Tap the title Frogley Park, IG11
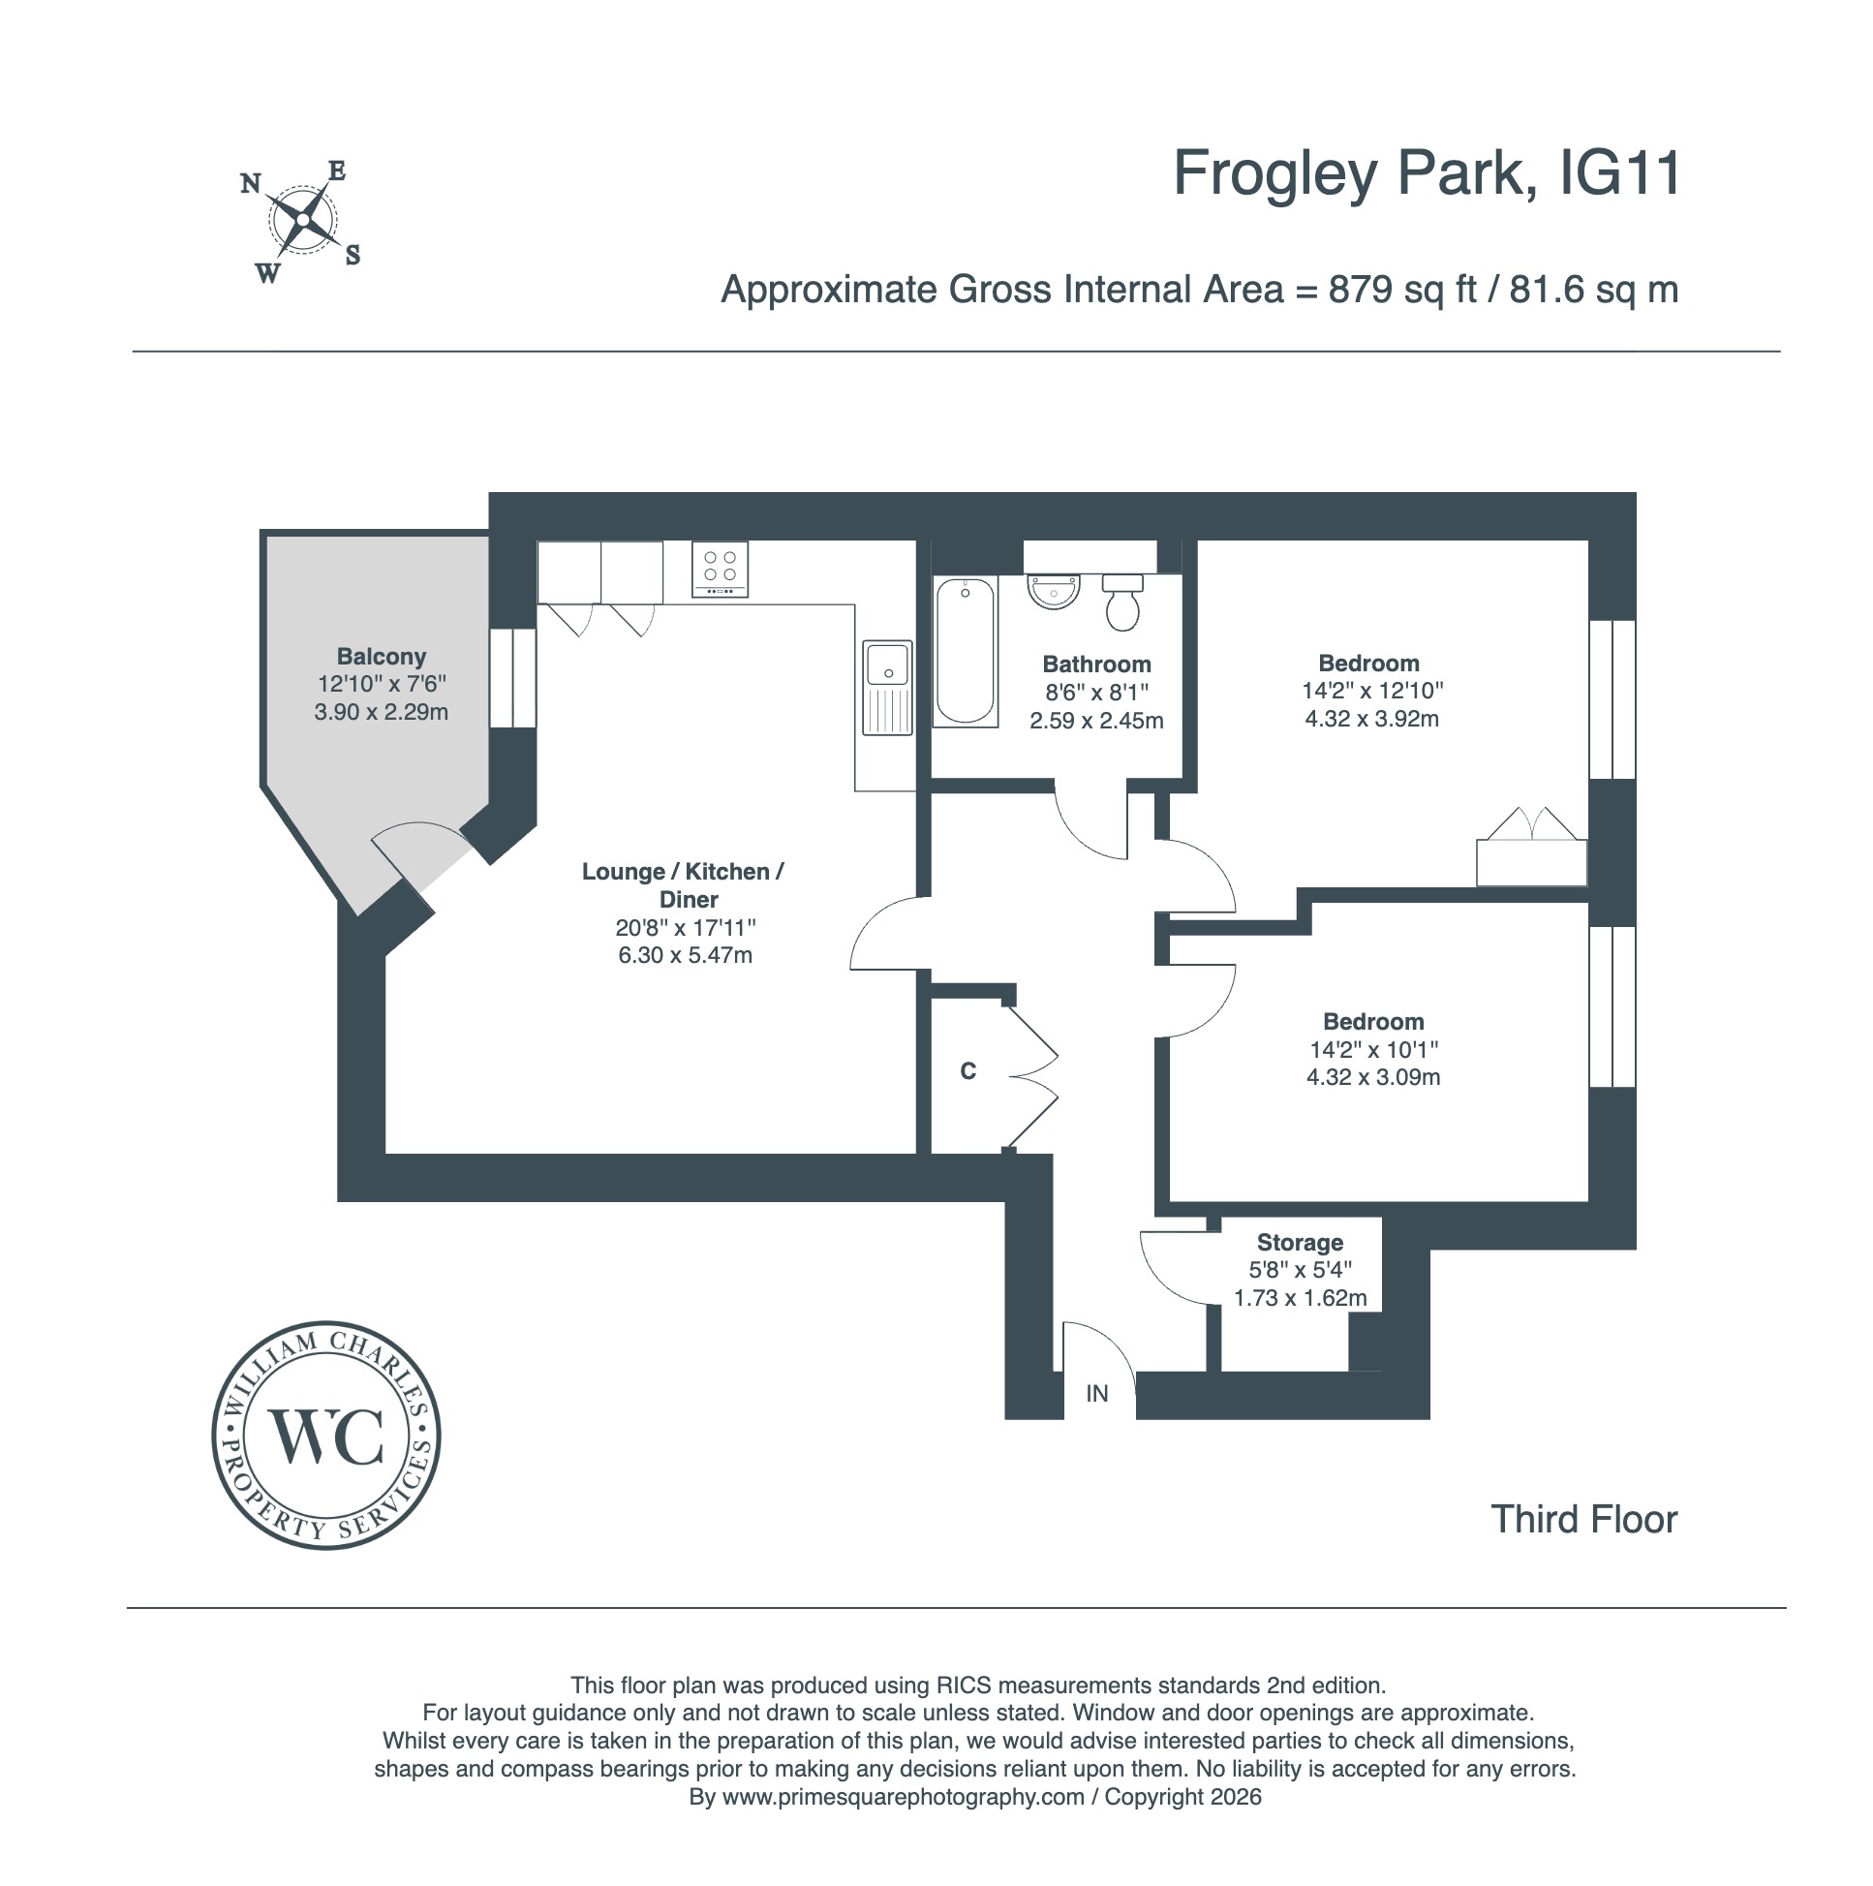point(1426,173)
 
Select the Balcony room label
point(382,656)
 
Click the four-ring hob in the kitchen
point(721,570)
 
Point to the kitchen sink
point(887,687)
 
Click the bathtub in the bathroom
point(966,651)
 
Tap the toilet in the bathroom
point(1122,601)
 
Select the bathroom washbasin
point(1054,592)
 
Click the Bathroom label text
point(1096,664)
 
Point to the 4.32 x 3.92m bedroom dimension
point(1371,719)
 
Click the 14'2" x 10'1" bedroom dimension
point(1373,1049)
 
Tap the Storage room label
point(1300,1242)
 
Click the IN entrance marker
point(1097,1394)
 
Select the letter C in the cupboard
point(968,1071)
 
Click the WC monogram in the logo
point(326,1435)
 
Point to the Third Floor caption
point(1583,1519)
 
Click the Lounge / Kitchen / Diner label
point(683,885)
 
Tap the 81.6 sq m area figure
point(1594,290)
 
